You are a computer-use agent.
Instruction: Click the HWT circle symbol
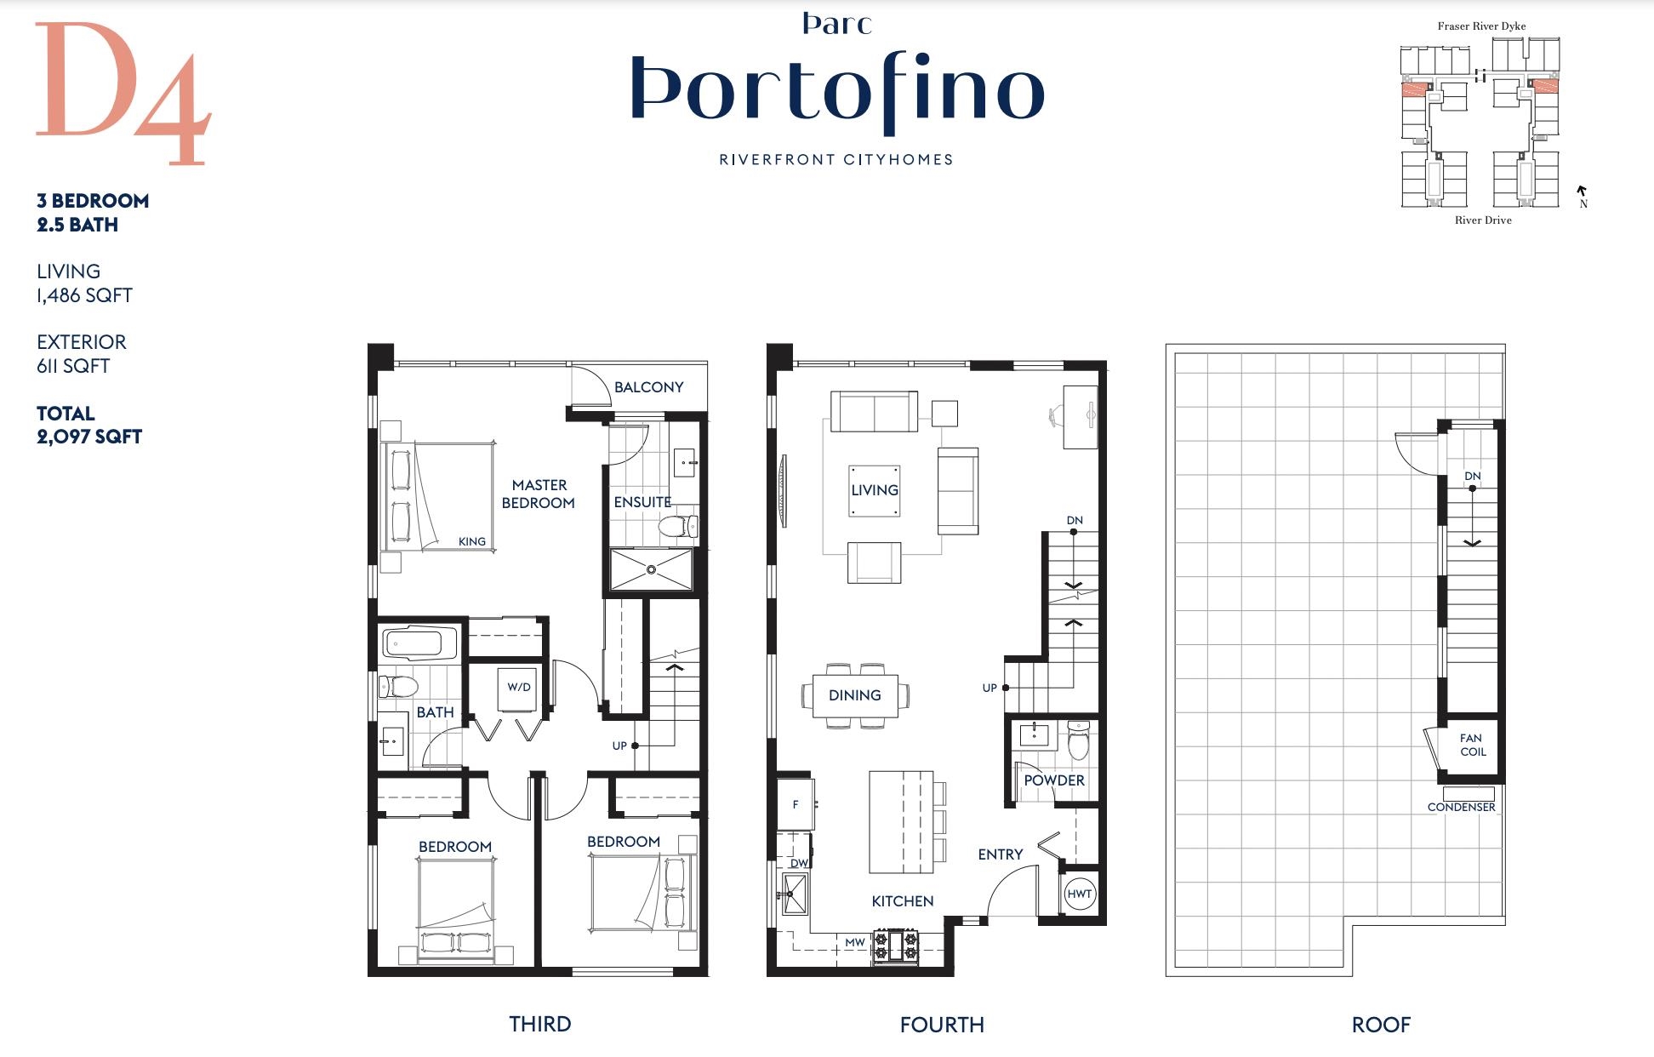click(1079, 894)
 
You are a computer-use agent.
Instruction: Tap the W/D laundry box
click(519, 688)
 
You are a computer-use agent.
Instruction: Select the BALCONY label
click(648, 387)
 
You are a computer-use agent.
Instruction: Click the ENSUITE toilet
click(678, 527)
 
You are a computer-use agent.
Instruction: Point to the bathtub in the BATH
click(420, 644)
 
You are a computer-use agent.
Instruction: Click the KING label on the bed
click(471, 541)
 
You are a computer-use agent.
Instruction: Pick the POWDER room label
click(1054, 780)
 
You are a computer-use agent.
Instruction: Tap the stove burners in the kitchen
click(895, 946)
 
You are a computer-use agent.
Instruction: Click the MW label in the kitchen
click(854, 942)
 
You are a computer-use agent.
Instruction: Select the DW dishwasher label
click(799, 863)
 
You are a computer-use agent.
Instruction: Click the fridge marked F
click(796, 804)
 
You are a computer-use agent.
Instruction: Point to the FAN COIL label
click(1472, 745)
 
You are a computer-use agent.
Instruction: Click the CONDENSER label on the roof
click(1461, 807)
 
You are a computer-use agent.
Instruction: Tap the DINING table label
click(854, 695)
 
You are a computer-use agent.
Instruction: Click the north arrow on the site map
click(1582, 191)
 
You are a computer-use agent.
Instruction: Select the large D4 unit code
click(123, 94)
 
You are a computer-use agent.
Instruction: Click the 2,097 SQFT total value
click(89, 437)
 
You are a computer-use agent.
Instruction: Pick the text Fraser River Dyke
click(1481, 26)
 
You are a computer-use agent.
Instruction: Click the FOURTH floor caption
click(942, 1025)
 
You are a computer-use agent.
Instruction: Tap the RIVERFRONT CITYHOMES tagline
click(836, 159)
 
